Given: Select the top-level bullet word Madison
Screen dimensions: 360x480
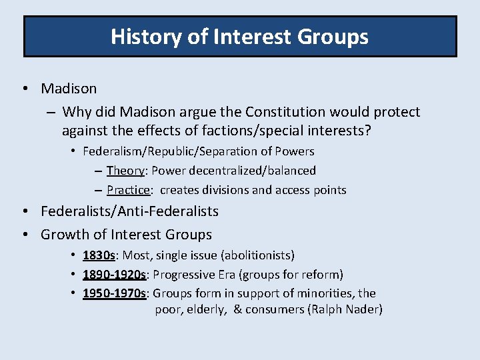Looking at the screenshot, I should pos(69,89).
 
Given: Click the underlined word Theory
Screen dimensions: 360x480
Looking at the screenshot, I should pos(124,171).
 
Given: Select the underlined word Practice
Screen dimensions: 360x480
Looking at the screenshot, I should pos(128,190).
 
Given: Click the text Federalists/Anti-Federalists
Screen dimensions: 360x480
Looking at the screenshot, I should pos(129,211).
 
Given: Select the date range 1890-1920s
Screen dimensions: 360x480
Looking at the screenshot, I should pos(115,275).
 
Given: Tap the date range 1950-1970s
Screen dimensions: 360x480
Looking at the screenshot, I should pos(115,293).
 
